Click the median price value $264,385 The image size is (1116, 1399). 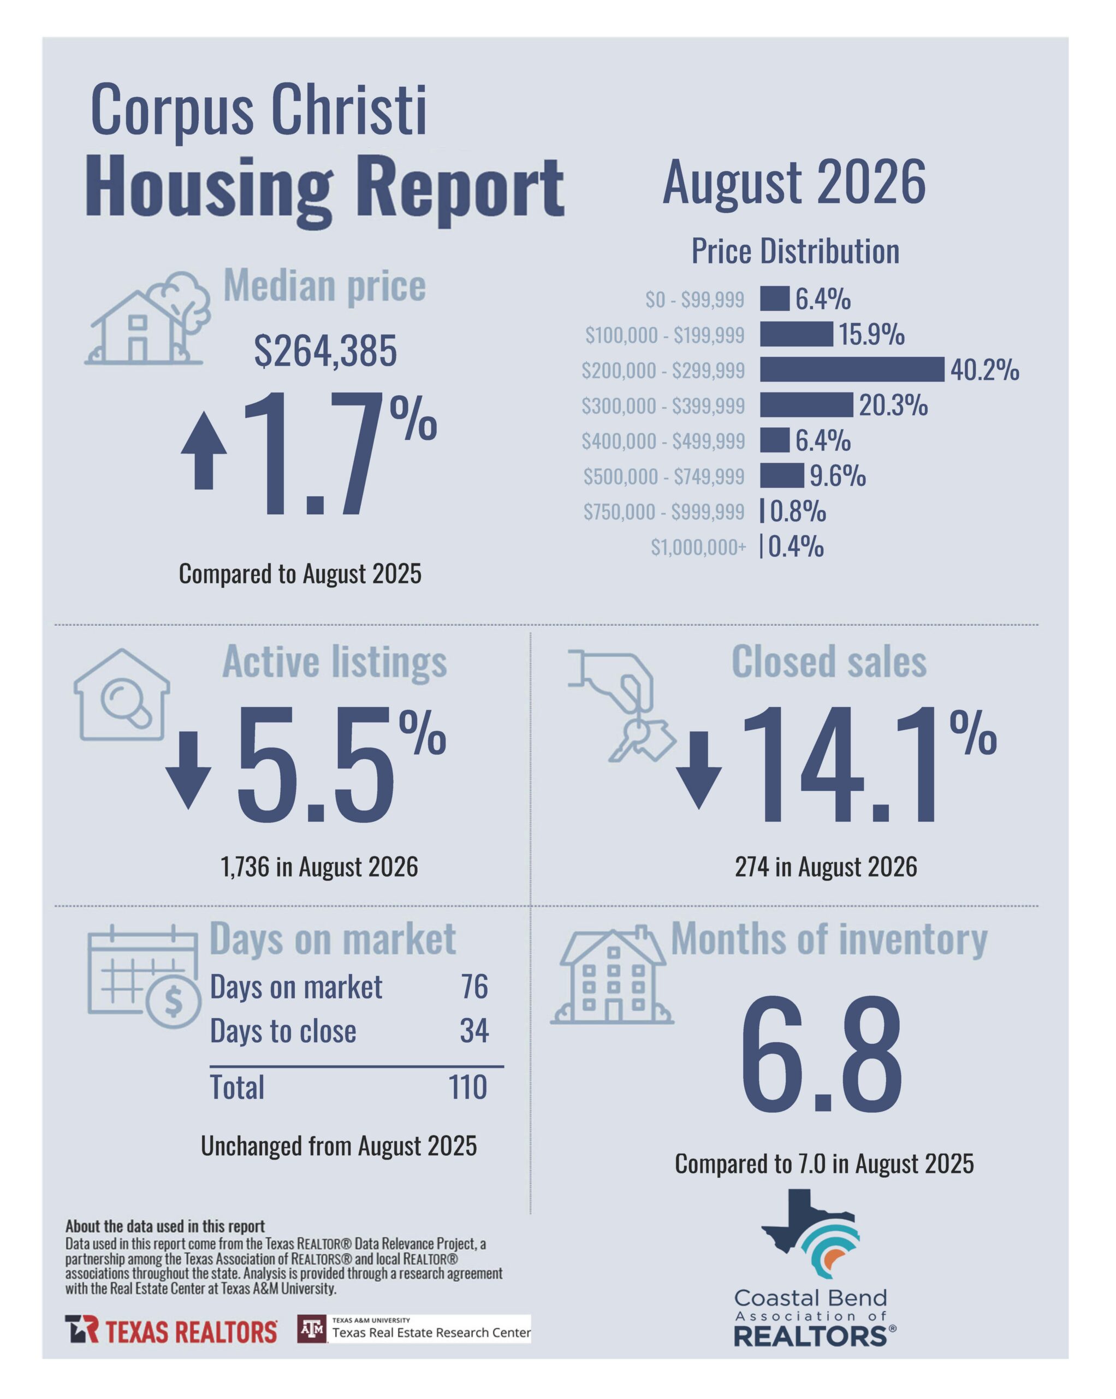point(325,352)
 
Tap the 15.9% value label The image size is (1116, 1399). point(871,335)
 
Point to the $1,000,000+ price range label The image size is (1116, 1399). point(698,548)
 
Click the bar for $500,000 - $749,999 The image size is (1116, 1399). point(781,475)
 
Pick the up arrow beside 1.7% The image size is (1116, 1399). point(204,450)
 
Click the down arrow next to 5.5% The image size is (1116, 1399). point(188,770)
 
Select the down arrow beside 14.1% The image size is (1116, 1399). point(698,770)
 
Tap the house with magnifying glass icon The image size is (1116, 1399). point(121,695)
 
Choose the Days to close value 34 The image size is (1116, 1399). point(474,1031)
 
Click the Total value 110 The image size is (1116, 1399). point(467,1088)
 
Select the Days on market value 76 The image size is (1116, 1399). point(474,986)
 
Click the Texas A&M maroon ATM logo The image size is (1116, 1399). point(312,1329)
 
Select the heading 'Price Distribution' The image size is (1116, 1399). point(795,251)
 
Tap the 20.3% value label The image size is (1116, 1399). point(893,405)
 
